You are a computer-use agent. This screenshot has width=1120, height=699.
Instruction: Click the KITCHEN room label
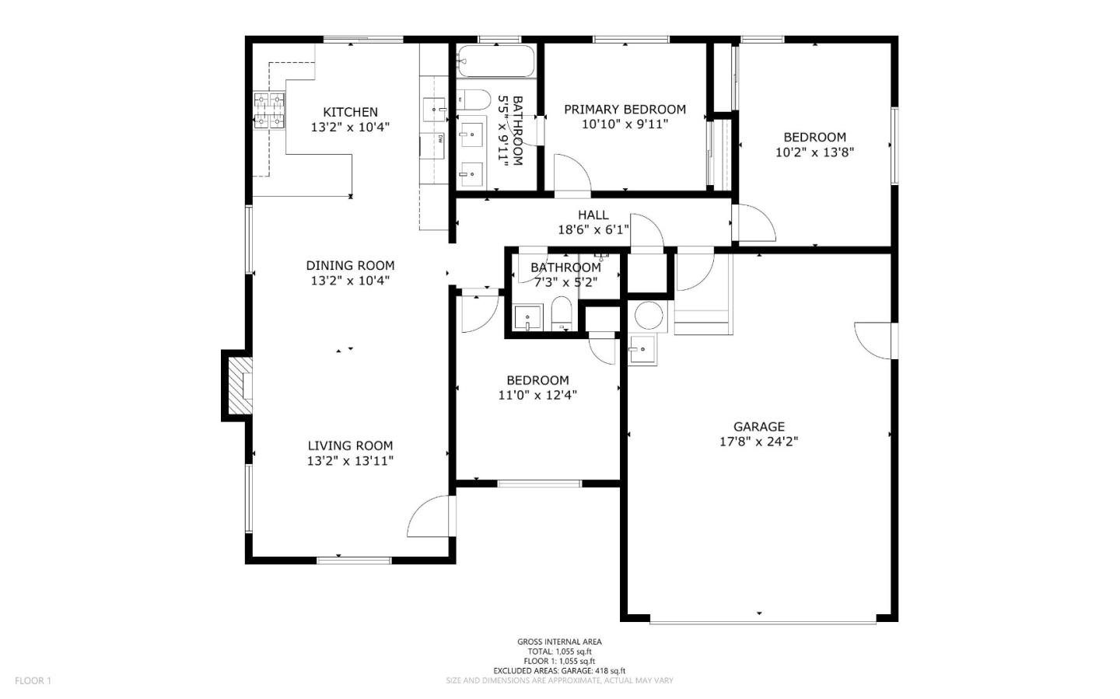[x=350, y=112]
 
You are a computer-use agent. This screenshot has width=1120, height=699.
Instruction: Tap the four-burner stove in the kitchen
[x=269, y=110]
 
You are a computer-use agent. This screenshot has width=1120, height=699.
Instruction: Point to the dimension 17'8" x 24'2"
[x=758, y=442]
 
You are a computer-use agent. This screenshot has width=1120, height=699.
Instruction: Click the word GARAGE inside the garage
[x=758, y=426]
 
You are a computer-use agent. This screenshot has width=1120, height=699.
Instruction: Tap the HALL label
[x=593, y=215]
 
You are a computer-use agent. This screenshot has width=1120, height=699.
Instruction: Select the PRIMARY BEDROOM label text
[x=625, y=110]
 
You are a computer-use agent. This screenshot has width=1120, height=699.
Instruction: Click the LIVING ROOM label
[x=350, y=446]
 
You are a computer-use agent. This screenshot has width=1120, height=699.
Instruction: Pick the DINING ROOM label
[x=350, y=266]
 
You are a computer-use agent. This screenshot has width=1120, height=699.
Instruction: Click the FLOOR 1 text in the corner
[x=33, y=680]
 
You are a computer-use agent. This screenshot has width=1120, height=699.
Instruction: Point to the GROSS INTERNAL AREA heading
[x=559, y=641]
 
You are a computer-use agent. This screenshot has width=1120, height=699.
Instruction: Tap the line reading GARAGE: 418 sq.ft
[x=559, y=670]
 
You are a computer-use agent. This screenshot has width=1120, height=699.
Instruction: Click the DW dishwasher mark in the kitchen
[x=441, y=139]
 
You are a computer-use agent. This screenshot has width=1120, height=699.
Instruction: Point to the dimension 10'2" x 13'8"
[x=814, y=152]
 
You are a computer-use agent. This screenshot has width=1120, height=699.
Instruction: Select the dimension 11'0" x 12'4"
[x=537, y=395]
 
